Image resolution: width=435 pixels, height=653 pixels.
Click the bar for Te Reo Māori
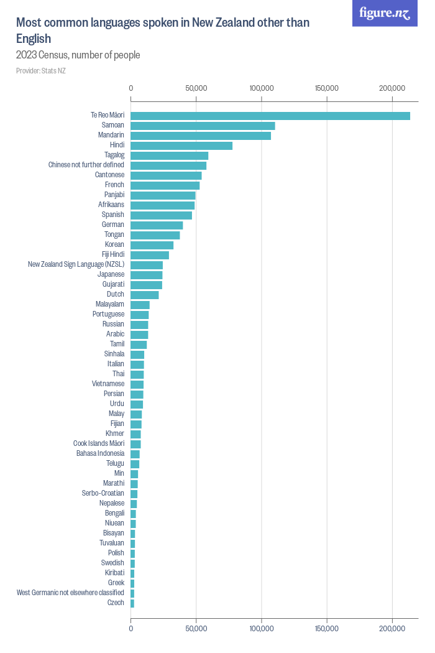point(270,116)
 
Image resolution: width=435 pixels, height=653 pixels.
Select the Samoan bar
point(203,126)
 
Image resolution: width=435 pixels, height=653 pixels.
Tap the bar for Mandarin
point(201,136)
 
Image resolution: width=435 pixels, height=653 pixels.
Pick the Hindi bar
point(181,146)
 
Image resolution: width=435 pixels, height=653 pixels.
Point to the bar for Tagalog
point(169,155)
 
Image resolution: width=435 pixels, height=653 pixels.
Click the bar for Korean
point(152,245)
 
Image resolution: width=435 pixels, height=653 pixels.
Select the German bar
point(157,225)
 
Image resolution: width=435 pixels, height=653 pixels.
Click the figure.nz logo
point(385,13)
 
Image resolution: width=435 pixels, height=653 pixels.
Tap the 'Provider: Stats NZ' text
point(41,71)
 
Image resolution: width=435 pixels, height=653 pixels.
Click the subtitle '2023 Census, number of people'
point(78,55)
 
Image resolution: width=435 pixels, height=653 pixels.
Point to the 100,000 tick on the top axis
point(262,89)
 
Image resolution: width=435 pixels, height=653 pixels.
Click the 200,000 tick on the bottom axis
point(392,629)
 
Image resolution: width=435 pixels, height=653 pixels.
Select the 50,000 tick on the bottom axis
point(196,629)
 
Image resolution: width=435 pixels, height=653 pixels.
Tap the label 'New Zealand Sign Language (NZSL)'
point(76,264)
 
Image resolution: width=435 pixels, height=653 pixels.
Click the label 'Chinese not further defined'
point(86,165)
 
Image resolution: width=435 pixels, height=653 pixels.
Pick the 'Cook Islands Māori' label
point(98,443)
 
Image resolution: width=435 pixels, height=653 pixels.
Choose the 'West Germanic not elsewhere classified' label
point(70,593)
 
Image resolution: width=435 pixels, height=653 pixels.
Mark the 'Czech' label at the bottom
point(116,603)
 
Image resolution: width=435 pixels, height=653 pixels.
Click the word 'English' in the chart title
point(34,39)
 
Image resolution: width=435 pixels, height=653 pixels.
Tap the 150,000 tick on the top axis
point(327,89)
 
